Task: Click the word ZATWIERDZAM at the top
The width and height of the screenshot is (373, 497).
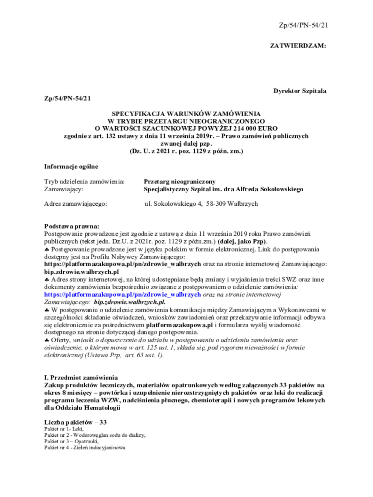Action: click(x=298, y=46)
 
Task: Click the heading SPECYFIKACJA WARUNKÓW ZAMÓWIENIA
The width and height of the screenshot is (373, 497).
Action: click(x=186, y=113)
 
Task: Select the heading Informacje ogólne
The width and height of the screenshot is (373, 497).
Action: click(x=71, y=166)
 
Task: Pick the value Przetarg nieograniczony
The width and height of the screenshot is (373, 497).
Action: click(x=180, y=182)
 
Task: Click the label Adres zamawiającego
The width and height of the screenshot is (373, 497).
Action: click(x=76, y=204)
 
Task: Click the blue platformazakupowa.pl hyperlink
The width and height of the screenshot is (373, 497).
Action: click(x=122, y=294)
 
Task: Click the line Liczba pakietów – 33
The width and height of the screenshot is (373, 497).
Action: click(x=75, y=422)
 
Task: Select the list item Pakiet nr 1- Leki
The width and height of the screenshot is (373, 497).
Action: click(x=64, y=429)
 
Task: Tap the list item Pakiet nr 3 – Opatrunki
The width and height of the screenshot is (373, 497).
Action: click(x=71, y=442)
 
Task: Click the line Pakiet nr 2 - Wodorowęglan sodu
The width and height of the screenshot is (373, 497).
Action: click(x=95, y=435)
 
